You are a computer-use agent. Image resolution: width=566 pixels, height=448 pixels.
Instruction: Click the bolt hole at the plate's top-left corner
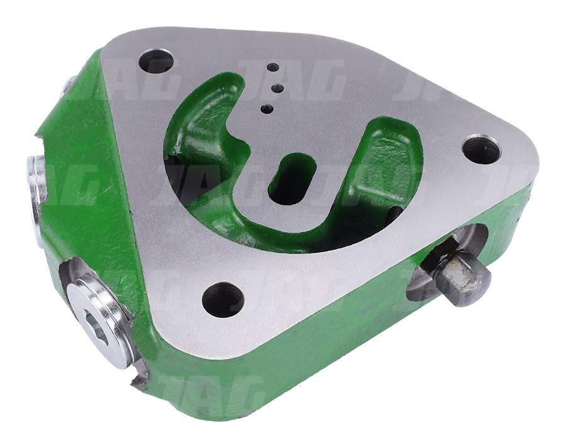click(x=156, y=62)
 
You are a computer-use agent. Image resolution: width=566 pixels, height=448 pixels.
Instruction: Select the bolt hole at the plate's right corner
click(x=481, y=150)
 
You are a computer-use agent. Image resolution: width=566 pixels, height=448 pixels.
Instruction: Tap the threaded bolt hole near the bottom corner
click(x=223, y=299)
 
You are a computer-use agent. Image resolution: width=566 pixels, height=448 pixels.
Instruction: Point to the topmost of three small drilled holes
click(x=272, y=67)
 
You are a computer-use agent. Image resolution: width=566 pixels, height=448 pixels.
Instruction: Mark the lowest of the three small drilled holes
click(x=267, y=109)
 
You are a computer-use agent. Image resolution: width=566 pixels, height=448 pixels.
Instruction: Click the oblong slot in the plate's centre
click(x=292, y=178)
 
